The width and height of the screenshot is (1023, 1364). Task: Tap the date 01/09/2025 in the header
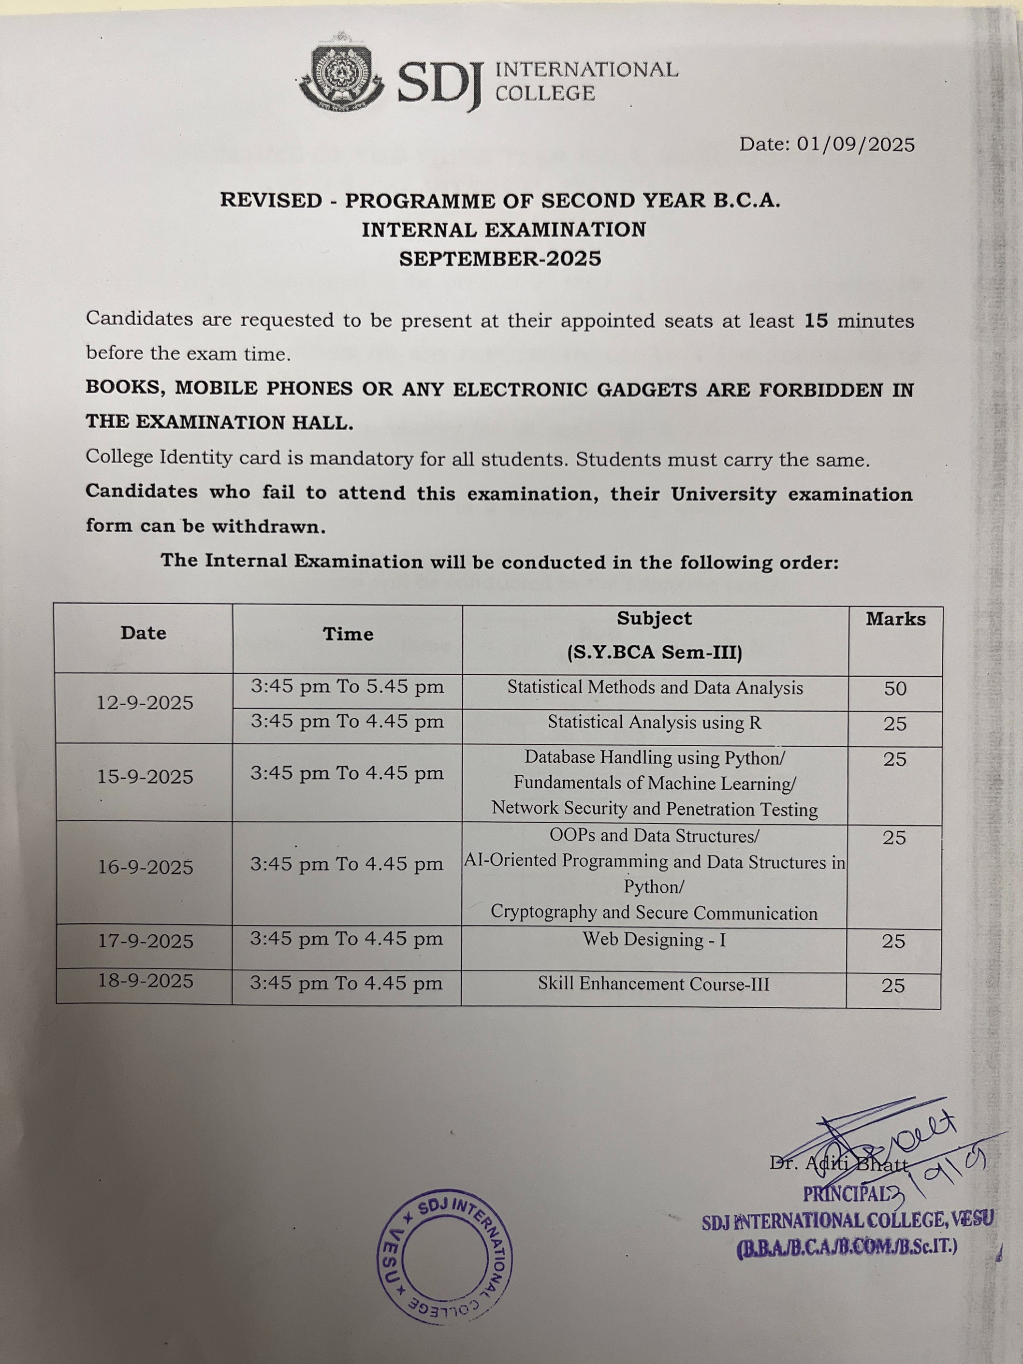(855, 145)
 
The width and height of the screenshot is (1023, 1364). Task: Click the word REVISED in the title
(271, 201)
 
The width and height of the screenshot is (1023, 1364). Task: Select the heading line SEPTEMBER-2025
(500, 259)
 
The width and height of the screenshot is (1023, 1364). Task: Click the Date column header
(144, 633)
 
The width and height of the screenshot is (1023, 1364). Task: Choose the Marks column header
(895, 619)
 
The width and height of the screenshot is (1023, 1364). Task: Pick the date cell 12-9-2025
(145, 703)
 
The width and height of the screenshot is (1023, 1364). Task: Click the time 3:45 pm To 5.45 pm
(347, 687)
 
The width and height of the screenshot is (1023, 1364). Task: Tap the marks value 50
(895, 689)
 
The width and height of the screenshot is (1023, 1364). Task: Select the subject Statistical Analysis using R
(654, 723)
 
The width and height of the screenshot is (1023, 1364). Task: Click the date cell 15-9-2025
(145, 777)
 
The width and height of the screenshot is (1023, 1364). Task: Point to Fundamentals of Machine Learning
(654, 783)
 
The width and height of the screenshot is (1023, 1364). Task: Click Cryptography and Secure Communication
(654, 913)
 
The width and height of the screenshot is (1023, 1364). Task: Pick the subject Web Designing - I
(654, 940)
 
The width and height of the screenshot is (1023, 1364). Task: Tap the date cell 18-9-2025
(146, 981)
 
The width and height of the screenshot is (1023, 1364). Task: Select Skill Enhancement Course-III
(654, 984)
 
